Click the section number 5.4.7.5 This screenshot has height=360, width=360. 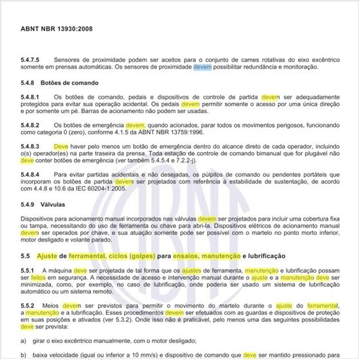point(30,60)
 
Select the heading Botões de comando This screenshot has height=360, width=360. point(69,83)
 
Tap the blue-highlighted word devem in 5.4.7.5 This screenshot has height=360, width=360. point(202,67)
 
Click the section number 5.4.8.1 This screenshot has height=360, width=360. point(30,97)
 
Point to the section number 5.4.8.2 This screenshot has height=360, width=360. point(30,124)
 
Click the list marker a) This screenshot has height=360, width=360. point(24,341)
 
